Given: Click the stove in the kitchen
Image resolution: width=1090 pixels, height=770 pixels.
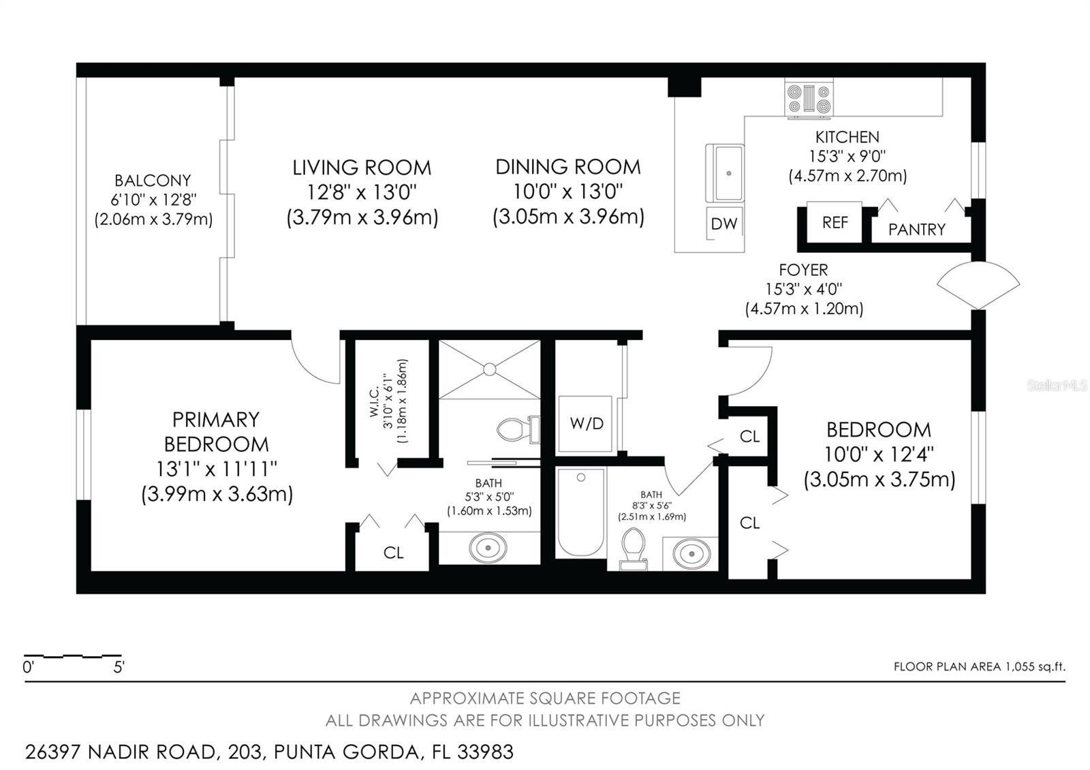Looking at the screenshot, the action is tap(808, 99).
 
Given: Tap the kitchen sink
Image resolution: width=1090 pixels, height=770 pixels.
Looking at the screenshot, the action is tap(725, 173).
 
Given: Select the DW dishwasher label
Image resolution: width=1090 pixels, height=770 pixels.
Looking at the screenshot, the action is tap(724, 224).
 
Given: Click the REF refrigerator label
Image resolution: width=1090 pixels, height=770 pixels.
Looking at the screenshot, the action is tap(835, 222).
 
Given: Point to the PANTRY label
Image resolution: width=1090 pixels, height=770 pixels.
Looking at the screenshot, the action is tap(917, 229).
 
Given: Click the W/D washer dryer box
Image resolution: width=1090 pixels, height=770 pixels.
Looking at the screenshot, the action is tap(585, 423).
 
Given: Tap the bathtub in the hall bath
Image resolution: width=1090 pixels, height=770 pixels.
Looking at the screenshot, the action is tap(580, 512).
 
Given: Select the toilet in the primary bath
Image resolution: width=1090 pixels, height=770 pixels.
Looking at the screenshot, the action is tap(518, 430).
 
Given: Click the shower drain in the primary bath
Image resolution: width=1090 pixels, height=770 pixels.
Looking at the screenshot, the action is tap(490, 369).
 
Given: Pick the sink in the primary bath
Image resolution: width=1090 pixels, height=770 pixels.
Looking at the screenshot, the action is tap(488, 548).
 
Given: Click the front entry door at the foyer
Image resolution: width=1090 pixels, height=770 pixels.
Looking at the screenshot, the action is tap(978, 286).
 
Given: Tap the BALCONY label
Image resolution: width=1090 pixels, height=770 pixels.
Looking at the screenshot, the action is tap(153, 181).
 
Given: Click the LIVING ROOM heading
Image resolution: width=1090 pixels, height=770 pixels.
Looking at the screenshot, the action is tap(362, 168).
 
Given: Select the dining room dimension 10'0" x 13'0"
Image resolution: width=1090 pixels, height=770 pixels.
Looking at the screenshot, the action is tap(568, 191).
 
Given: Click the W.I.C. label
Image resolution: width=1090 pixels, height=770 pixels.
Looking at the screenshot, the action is tap(374, 401).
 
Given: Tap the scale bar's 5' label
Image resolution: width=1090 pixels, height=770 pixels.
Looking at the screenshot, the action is tap(119, 667).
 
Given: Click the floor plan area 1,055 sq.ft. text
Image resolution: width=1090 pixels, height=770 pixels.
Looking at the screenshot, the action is tap(980, 666).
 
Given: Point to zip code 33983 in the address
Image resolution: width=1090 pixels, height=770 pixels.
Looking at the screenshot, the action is tap(485, 752).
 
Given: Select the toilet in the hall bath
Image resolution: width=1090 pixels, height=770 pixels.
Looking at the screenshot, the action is tap(633, 549).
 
